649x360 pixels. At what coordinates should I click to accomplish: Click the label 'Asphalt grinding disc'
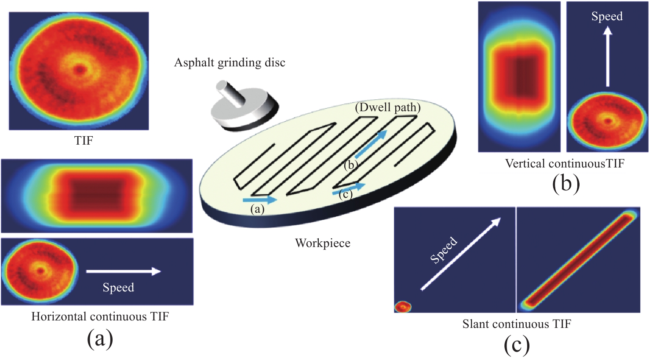tap(230, 63)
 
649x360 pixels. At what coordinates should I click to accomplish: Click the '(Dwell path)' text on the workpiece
tap(387, 107)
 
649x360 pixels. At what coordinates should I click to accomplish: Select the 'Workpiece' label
tap(322, 243)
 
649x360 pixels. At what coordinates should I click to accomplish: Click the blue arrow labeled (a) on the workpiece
tap(260, 200)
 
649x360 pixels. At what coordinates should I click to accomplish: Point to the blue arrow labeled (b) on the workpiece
tap(370, 144)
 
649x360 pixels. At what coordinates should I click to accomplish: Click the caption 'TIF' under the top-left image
tap(84, 141)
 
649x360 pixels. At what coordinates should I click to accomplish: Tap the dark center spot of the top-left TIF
tap(80, 69)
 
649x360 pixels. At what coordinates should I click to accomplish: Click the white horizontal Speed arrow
tap(124, 271)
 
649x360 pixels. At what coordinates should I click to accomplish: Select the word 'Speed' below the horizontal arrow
tap(118, 287)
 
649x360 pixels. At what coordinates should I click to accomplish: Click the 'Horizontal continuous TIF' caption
tap(100, 316)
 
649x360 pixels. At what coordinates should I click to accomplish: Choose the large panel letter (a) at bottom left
tap(100, 339)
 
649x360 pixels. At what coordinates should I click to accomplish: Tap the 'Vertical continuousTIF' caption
tap(564, 164)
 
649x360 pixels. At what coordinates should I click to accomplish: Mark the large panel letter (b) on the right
tap(566, 184)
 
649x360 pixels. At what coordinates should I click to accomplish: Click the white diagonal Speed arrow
tap(460, 254)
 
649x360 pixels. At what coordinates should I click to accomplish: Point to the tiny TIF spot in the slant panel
tap(402, 307)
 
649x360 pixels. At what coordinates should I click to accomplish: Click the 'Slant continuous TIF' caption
tap(516, 324)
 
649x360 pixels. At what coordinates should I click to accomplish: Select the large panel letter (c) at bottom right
tap(517, 345)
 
